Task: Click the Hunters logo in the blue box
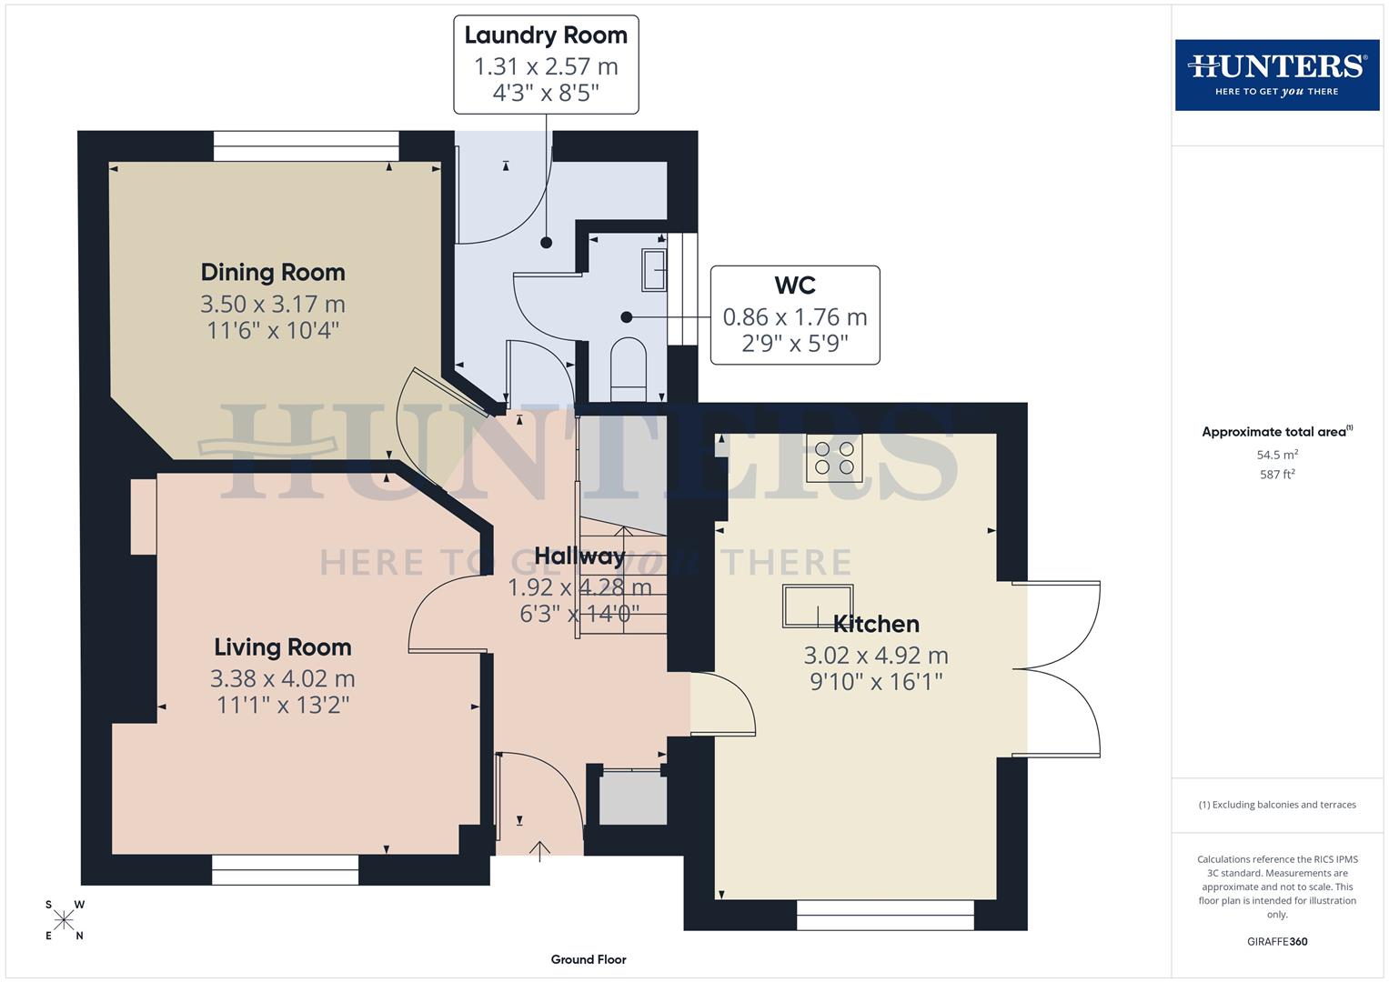tap(1276, 75)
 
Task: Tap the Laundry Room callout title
tap(546, 35)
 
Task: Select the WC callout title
tap(794, 286)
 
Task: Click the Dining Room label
tap(273, 273)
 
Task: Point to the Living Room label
tap(282, 647)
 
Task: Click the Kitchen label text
tap(876, 624)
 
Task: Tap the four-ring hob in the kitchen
tap(834, 457)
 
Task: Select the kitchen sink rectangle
tap(817, 606)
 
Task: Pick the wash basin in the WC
tap(654, 270)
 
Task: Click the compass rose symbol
tap(64, 920)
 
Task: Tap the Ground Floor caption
tap(589, 959)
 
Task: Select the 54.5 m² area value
tap(1276, 455)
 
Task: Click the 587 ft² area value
tap(1276, 475)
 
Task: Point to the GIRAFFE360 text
tap(1276, 942)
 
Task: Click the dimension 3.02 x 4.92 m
tap(876, 656)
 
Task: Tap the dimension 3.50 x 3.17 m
tap(273, 304)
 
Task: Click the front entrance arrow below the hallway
tap(540, 851)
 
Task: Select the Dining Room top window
tap(307, 145)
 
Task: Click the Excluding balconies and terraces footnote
tap(1276, 805)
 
